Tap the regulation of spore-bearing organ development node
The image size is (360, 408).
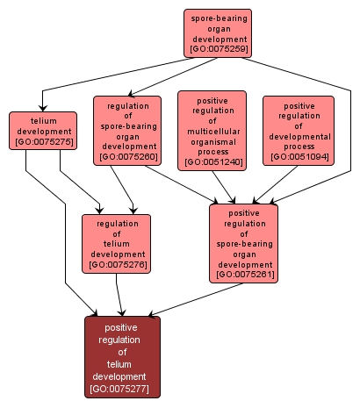tap(127, 130)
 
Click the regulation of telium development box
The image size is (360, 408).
tap(117, 243)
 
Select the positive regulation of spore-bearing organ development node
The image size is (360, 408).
tap(243, 242)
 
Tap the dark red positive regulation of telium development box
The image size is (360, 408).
tap(123, 356)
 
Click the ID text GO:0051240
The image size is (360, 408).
tap(212, 162)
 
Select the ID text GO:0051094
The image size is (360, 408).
tap(299, 157)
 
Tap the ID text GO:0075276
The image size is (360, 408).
tap(117, 264)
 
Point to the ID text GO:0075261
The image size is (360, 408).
tap(243, 275)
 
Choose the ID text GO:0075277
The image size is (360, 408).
tap(123, 389)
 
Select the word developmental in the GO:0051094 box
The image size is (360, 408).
tap(299, 135)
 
